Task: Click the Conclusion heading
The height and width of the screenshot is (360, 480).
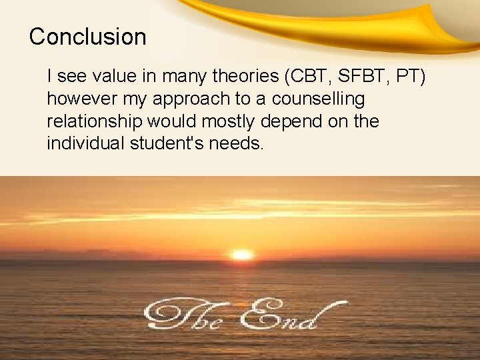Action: point(87,37)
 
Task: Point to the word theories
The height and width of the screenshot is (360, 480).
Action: point(244,77)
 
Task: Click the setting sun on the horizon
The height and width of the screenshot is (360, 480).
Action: point(242,255)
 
